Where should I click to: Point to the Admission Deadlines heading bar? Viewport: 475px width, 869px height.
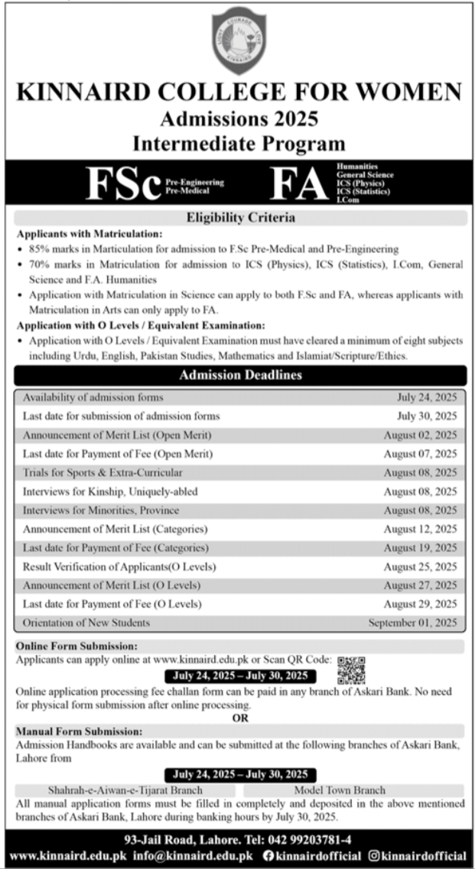pos(240,375)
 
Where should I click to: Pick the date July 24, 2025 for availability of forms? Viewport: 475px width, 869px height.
pos(427,397)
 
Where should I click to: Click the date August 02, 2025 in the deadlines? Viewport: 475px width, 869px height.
pos(420,435)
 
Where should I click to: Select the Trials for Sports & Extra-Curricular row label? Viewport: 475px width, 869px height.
pos(102,472)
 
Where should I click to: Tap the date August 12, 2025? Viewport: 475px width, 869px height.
pos(420,529)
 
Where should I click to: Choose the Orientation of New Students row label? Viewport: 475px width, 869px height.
pos(86,623)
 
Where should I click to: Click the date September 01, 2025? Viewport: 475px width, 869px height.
pos(413,623)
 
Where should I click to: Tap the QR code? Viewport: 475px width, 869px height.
pos(351,670)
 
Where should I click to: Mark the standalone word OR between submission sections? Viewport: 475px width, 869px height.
pos(240,718)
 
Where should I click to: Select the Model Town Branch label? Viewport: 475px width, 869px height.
pos(340,790)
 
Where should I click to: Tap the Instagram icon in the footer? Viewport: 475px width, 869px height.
pos(374,856)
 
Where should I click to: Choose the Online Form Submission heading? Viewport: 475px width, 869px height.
pos(76,646)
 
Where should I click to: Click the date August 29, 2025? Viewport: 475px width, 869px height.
pos(420,604)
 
